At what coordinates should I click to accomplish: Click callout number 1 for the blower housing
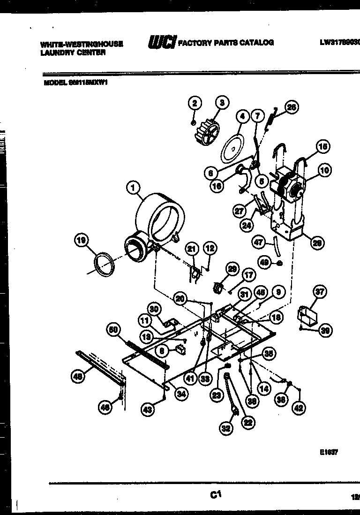134,188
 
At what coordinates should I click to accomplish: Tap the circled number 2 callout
195,103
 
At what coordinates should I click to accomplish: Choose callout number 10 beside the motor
324,170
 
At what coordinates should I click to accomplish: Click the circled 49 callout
264,263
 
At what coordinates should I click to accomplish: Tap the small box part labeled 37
307,315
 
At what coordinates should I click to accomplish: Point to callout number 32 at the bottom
226,428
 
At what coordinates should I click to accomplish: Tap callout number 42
298,408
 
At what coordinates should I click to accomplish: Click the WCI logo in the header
162,42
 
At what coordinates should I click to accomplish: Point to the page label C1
216,494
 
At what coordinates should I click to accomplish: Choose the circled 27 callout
240,211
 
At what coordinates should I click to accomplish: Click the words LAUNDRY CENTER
73,53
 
